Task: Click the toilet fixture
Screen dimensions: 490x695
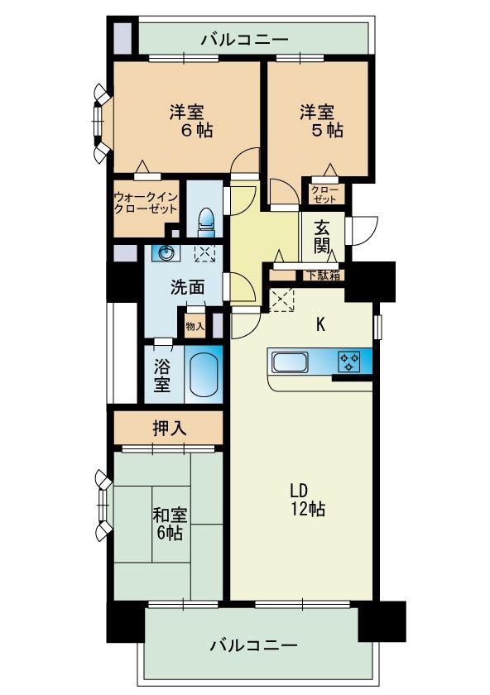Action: coord(206,221)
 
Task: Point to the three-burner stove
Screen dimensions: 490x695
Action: coord(349,361)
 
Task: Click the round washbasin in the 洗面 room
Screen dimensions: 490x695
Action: coord(166,253)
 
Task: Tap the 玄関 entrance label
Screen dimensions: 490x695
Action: coord(322,237)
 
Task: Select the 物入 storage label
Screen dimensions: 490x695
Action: coord(195,327)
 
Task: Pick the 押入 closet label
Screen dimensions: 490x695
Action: coord(170,429)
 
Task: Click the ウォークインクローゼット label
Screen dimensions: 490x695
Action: coord(146,203)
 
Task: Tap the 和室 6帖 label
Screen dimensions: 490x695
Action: coord(170,524)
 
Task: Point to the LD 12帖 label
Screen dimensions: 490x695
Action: coord(308,500)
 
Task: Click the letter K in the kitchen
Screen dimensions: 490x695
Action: coord(320,325)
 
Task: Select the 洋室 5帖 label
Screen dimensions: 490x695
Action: coord(321,121)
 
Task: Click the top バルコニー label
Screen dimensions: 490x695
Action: coord(245,40)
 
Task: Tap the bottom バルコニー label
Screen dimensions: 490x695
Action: coord(253,645)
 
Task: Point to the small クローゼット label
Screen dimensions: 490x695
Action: coord(324,194)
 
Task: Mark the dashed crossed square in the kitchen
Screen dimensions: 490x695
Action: coord(281,300)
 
